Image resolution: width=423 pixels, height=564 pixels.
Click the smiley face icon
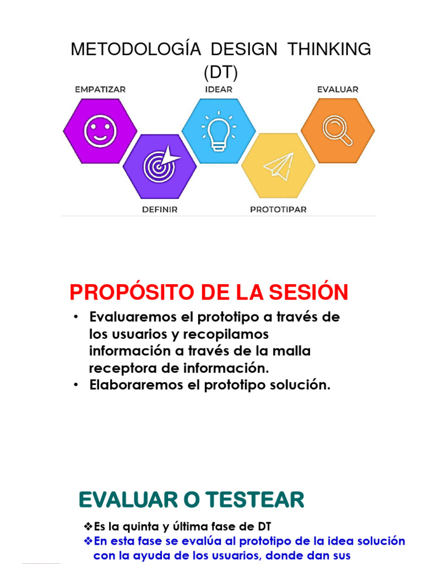pyautogui.click(x=100, y=131)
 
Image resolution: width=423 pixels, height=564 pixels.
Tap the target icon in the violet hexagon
pyautogui.click(x=160, y=165)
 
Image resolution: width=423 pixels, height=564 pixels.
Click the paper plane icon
pyautogui.click(x=279, y=165)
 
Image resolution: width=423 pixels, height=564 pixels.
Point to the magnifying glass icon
pyautogui.click(x=337, y=131)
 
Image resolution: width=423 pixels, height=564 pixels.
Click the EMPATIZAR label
pyautogui.click(x=100, y=89)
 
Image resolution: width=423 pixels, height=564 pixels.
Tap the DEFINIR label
pyautogui.click(x=160, y=209)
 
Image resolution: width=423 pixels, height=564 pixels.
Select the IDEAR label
pyautogui.click(x=219, y=89)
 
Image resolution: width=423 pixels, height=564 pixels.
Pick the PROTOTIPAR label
pyautogui.click(x=278, y=209)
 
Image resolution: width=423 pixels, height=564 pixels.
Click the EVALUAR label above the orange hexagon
pyautogui.click(x=338, y=89)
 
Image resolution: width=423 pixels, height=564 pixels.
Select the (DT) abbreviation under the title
pyautogui.click(x=220, y=72)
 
